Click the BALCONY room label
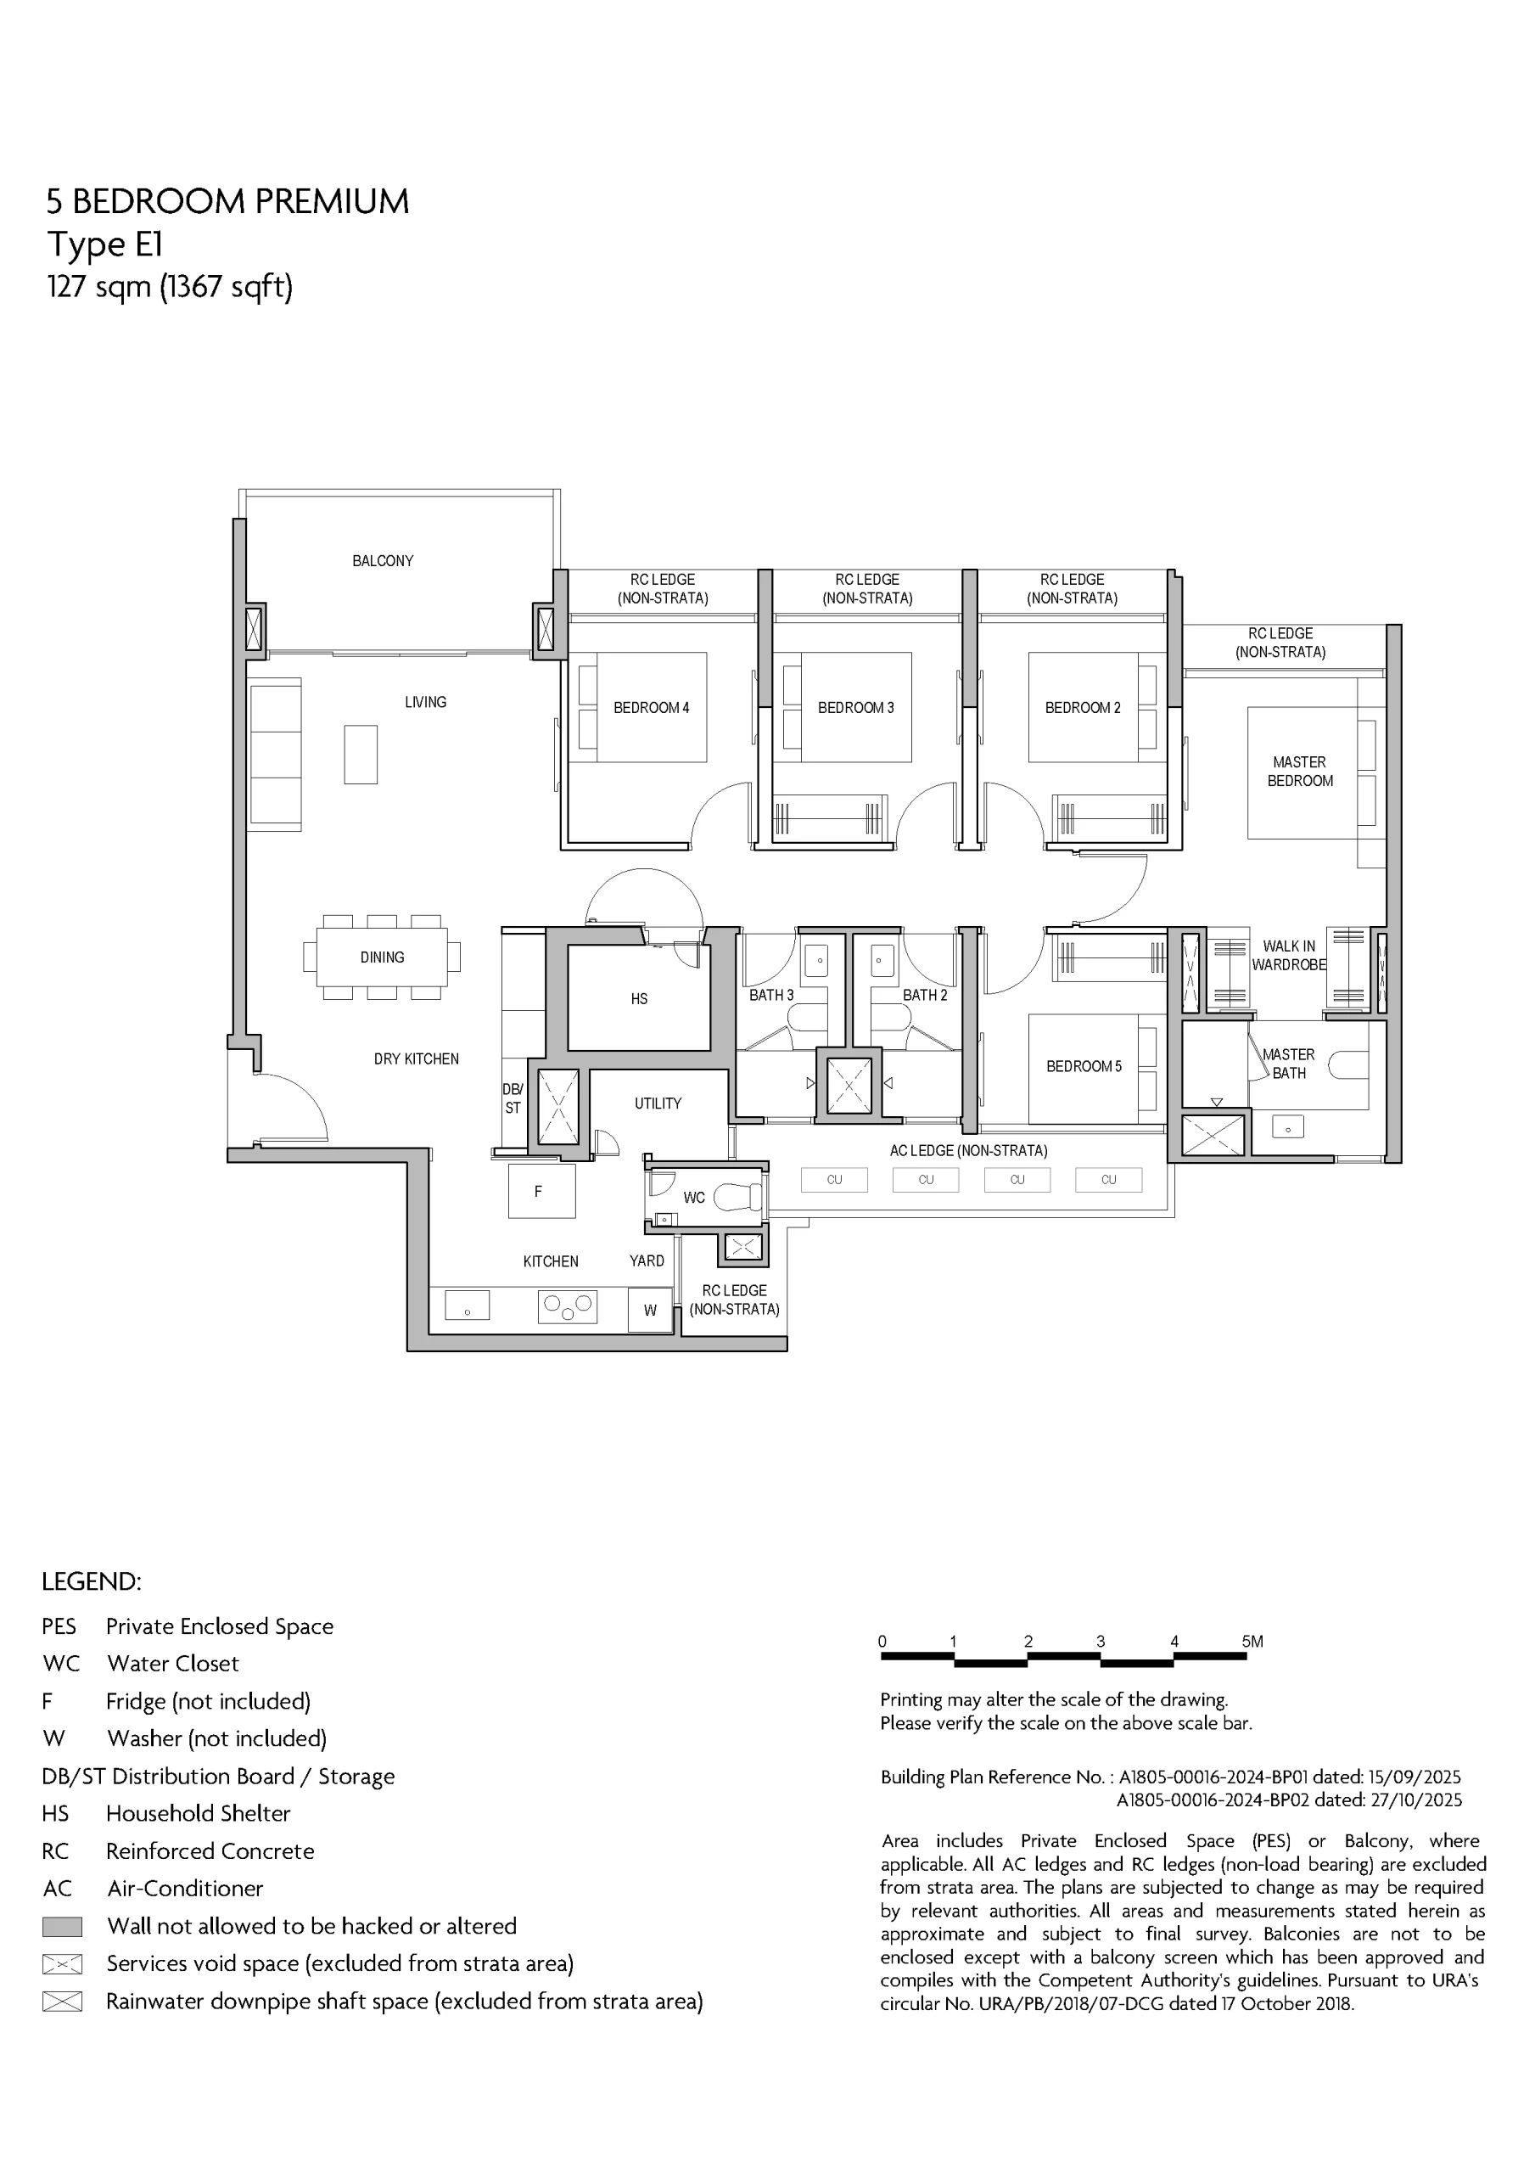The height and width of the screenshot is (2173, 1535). point(383,561)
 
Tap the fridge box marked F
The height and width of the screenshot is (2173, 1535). point(541,1191)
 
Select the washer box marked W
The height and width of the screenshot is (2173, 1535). point(650,1310)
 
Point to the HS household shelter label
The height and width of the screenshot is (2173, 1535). point(639,998)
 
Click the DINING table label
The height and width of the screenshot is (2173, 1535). point(383,957)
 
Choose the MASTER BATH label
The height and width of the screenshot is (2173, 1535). point(1288,1064)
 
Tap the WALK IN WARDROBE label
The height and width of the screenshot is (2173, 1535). point(1289,956)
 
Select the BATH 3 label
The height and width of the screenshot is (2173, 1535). point(771,995)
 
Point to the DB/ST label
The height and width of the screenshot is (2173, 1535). point(512,1098)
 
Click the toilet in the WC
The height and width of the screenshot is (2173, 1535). point(738,1197)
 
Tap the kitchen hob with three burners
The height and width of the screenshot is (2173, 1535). point(567,1307)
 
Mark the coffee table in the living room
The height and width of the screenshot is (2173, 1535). point(361,755)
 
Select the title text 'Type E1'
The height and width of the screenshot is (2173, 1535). point(105,245)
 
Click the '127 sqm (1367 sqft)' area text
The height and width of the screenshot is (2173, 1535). point(171,286)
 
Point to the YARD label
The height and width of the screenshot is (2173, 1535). point(647,1261)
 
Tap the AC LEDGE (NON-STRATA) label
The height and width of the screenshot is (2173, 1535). point(968,1151)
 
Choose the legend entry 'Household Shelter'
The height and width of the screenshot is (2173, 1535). point(198,1813)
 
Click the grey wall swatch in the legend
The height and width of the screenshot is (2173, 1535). point(63,1927)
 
